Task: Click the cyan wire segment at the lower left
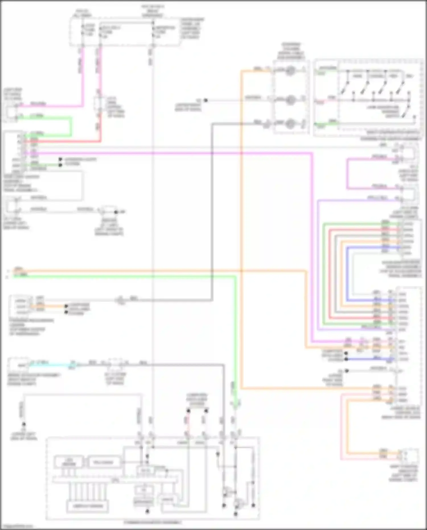pos(51,364)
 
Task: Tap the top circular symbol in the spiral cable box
pos(290,70)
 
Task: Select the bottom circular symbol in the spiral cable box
pos(290,123)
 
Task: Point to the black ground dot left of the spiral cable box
pos(206,100)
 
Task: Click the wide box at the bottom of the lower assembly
pos(87,506)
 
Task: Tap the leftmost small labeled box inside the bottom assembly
pos(69,462)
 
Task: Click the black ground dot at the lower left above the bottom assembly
pos(24,424)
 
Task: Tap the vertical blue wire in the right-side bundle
pos(347,273)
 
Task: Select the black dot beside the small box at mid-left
pos(116,212)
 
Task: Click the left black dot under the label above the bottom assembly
pos(188,411)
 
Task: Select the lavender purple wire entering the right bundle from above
pos(318,265)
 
